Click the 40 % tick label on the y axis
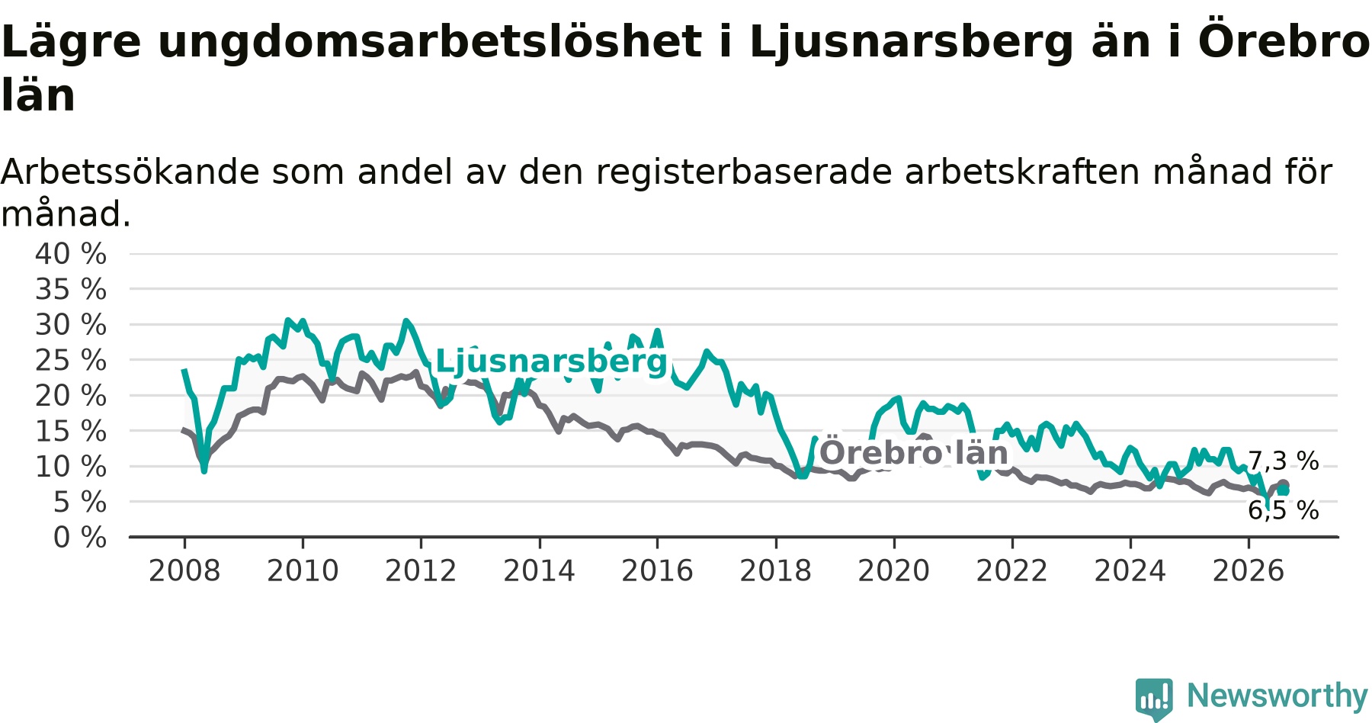[x=71, y=254]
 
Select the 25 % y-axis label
[x=71, y=360]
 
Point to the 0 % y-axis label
[x=80, y=538]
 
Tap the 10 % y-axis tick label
[x=71, y=467]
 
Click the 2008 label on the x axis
[x=184, y=570]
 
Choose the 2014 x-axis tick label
[x=539, y=570]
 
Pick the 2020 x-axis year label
[x=894, y=570]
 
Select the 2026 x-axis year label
[x=1249, y=570]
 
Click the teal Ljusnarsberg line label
[x=551, y=361]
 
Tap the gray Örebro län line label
[x=914, y=453]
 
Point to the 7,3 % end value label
[x=1283, y=461]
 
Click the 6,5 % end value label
[x=1283, y=510]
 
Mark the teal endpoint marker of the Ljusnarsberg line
[x=1284, y=490]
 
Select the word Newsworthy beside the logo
[x=1277, y=696]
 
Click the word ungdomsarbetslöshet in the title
[x=430, y=43]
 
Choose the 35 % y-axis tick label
[x=71, y=290]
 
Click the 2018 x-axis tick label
[x=776, y=570]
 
